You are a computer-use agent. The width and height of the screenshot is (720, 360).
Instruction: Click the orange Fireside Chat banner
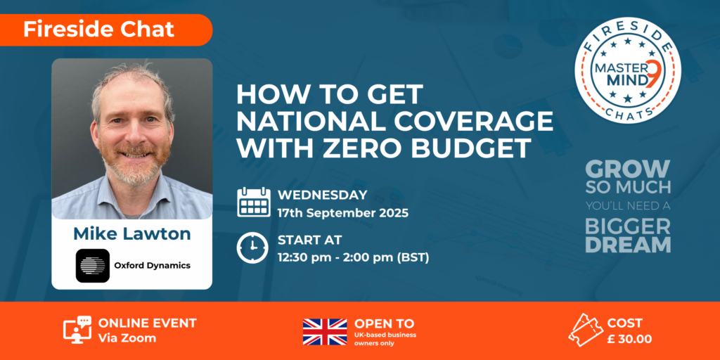[105, 30]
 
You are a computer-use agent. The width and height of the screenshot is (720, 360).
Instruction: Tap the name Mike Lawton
[131, 233]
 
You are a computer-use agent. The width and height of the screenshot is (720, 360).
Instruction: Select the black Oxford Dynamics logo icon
[93, 265]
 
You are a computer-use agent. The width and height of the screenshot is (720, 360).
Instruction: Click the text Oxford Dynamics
[152, 265]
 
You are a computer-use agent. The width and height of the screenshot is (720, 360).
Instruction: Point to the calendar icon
[253, 202]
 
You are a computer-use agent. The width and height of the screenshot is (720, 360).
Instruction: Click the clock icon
[252, 247]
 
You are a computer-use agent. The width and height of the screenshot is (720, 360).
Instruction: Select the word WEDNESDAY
[322, 195]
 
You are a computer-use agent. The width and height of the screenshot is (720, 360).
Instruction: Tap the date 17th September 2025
[343, 213]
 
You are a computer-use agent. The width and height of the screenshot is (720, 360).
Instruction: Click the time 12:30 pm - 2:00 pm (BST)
[354, 257]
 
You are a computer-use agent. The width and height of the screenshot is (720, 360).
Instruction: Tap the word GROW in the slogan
[628, 169]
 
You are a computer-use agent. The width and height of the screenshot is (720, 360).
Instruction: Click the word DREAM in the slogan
[628, 245]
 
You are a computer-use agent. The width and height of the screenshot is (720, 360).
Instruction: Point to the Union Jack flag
[325, 332]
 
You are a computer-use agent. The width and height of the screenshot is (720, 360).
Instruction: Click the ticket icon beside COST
[585, 330]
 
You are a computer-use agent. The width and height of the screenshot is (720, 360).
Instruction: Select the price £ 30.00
[629, 340]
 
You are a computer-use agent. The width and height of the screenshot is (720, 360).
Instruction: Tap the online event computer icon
[77, 330]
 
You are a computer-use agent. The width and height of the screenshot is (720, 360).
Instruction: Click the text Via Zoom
[127, 338]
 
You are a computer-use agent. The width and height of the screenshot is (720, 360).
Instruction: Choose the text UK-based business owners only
[385, 339]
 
